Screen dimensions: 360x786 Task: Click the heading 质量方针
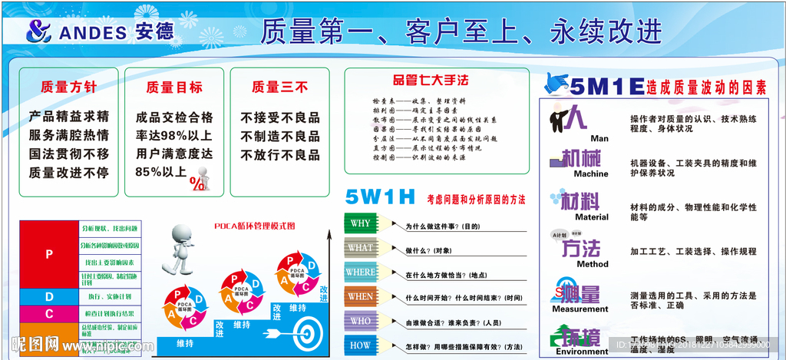click(69, 88)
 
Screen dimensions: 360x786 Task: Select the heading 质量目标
click(174, 88)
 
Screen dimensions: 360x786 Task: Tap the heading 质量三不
click(279, 88)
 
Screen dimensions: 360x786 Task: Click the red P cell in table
click(49, 254)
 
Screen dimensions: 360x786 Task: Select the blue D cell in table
click(49, 296)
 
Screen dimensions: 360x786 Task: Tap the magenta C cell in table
click(49, 313)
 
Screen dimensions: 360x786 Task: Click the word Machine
click(590, 174)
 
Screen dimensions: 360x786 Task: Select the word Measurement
click(580, 309)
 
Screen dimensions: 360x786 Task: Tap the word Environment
click(581, 352)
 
